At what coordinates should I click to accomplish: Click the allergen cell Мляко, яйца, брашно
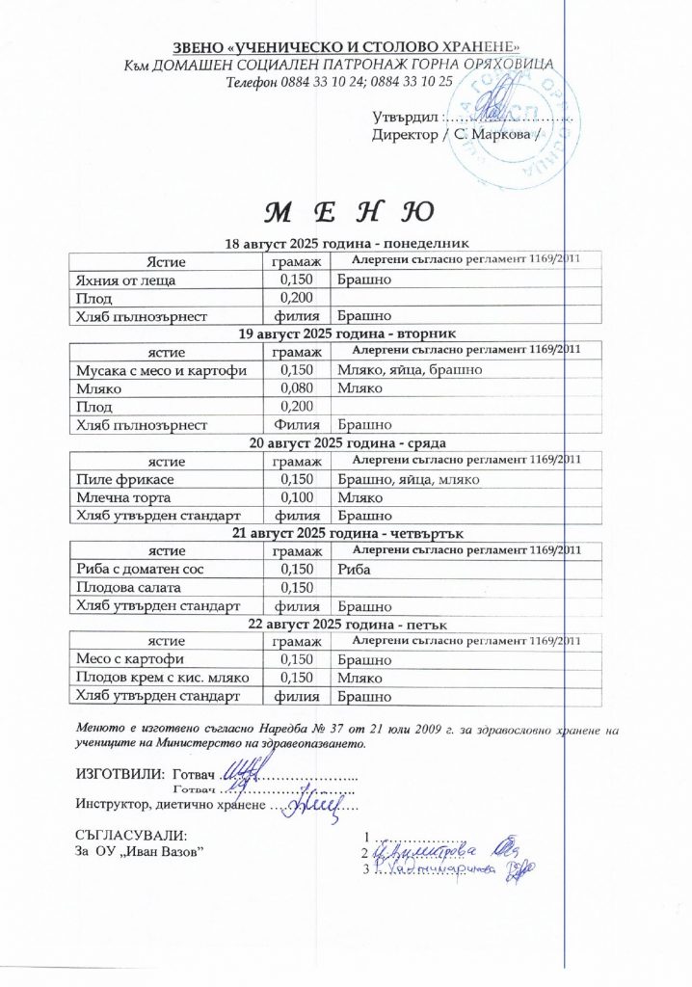(x=410, y=370)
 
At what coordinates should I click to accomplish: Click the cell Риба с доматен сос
(x=140, y=571)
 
